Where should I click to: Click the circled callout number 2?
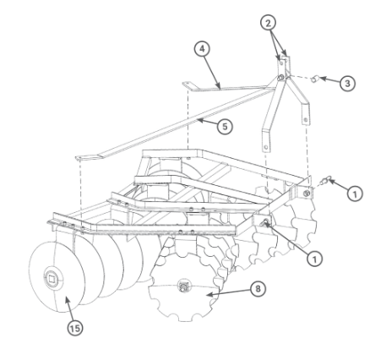268,23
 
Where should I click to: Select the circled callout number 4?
202,49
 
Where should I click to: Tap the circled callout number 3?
347,84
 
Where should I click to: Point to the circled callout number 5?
225,127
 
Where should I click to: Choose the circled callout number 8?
258,289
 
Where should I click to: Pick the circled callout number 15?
75,328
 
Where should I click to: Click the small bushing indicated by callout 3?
314,79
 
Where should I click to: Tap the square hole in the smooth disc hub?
52,279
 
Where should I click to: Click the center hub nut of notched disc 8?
183,286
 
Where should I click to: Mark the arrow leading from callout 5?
207,123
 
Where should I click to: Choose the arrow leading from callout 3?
329,80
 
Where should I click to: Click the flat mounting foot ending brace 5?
88,156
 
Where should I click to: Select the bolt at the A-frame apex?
280,78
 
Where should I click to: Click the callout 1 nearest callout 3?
355,194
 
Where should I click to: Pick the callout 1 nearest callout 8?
314,259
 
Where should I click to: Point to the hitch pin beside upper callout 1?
327,179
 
